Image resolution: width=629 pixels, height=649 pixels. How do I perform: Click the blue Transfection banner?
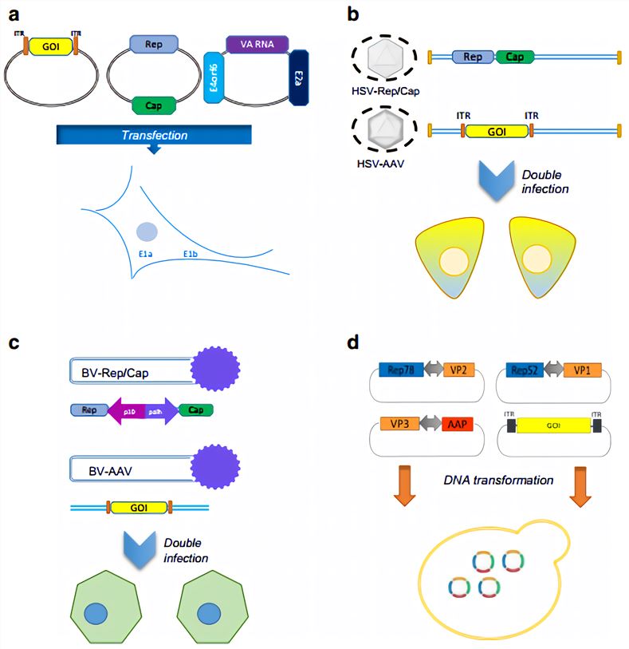(155, 135)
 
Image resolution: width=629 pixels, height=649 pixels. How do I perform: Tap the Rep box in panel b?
(472, 57)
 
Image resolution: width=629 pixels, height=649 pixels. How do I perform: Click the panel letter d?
(354, 344)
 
